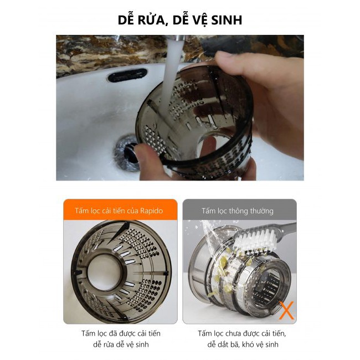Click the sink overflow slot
point(127,75)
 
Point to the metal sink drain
point(126,152)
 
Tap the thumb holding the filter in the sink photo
point(230,60)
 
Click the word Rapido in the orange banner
point(151,211)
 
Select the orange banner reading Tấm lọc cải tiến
point(120,209)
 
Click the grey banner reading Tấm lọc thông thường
point(239,209)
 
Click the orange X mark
point(286,310)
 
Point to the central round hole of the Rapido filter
point(106,271)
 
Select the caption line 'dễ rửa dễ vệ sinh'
point(121,344)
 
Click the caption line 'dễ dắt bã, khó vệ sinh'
point(243,344)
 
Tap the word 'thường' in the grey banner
point(261,211)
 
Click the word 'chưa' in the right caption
point(233,333)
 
